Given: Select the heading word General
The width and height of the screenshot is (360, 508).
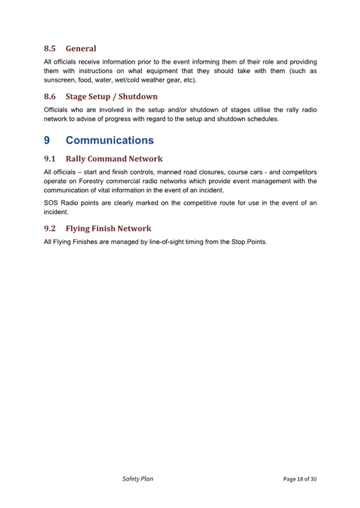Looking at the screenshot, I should [81, 49].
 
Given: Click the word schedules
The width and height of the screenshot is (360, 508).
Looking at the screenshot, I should [260, 119].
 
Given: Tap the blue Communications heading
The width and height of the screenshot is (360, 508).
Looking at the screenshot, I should [109, 140].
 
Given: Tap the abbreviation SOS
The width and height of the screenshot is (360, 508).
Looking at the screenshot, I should [51, 203].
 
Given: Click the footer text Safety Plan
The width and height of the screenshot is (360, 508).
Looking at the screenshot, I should [138, 479].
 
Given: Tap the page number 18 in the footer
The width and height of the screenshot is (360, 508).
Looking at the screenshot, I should [301, 479].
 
